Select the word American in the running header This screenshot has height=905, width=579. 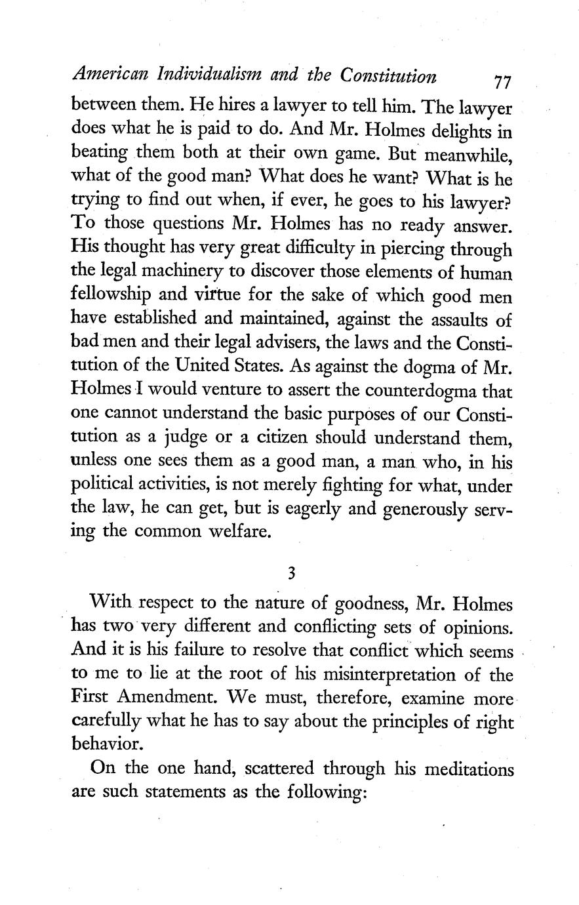pyautogui.click(x=103, y=77)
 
